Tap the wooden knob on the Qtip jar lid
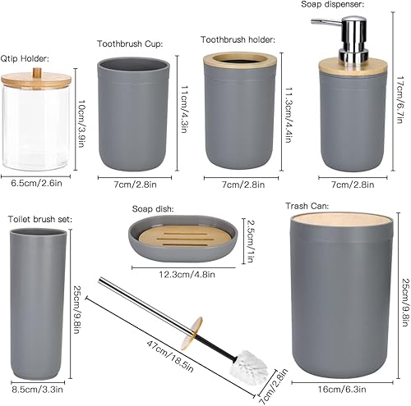click(35, 71)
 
